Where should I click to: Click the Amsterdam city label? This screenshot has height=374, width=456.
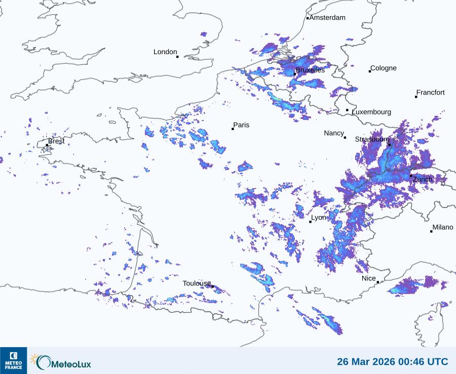327,18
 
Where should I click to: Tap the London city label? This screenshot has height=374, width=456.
165,52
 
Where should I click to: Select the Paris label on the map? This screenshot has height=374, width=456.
241,125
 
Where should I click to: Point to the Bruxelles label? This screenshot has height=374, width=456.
310,70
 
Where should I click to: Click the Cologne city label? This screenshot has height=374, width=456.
384,68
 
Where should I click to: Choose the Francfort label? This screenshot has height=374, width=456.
430,93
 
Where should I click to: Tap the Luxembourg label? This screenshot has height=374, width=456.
371,112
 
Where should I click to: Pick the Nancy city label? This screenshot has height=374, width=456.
334,133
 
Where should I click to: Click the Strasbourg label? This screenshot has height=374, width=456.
372,139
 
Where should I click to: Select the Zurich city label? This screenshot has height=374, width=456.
423,180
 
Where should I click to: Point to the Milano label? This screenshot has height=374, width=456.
443,228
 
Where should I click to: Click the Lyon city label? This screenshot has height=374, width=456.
319,218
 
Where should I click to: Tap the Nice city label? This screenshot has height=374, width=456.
369,279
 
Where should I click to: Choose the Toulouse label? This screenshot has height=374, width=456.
197,283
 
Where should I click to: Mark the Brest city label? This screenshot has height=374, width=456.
56,141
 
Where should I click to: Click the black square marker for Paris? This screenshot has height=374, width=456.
233,129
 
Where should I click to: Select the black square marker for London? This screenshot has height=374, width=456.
177,57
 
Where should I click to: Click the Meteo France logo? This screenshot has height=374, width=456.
13,360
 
